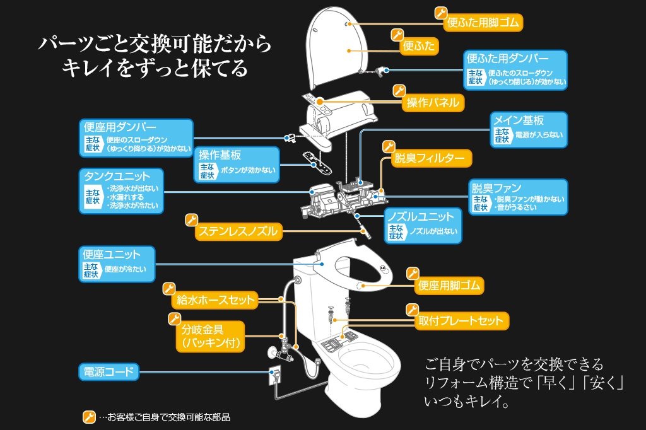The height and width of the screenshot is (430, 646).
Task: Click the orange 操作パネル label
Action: [433, 102]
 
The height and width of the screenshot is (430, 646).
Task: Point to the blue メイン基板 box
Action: [528, 129]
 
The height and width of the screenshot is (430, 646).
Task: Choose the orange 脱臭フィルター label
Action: [429, 158]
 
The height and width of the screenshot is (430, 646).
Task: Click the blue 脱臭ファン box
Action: [517, 197]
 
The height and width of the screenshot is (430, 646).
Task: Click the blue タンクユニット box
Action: [120, 190]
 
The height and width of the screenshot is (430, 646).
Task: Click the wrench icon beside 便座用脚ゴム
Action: [412, 273]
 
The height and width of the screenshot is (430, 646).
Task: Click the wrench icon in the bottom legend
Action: [89, 417]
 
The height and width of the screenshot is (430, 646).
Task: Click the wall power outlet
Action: [275, 375]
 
